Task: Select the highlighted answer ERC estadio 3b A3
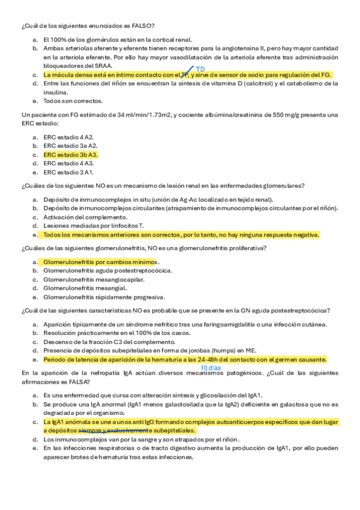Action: coord(70,155)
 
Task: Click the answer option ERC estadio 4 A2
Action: coord(68,137)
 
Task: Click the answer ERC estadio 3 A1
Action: coord(68,172)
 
